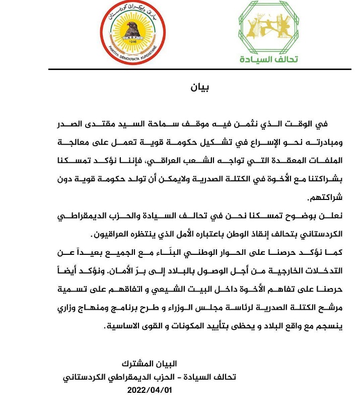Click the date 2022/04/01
[x=150, y=391]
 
